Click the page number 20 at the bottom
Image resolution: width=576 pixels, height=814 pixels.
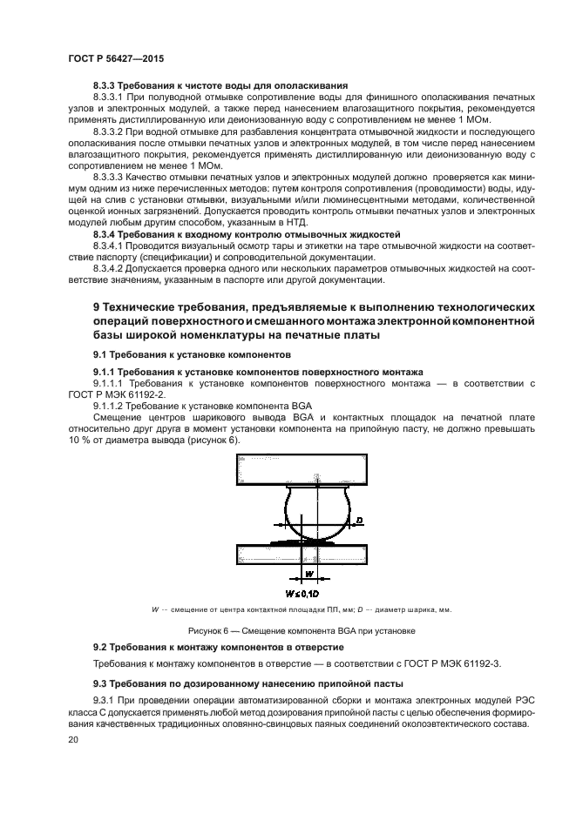[x=73, y=740]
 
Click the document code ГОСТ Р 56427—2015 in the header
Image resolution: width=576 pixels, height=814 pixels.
[x=115, y=58]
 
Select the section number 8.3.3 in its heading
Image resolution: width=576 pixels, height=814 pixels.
[x=107, y=85]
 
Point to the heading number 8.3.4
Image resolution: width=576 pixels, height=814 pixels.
[x=107, y=235]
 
